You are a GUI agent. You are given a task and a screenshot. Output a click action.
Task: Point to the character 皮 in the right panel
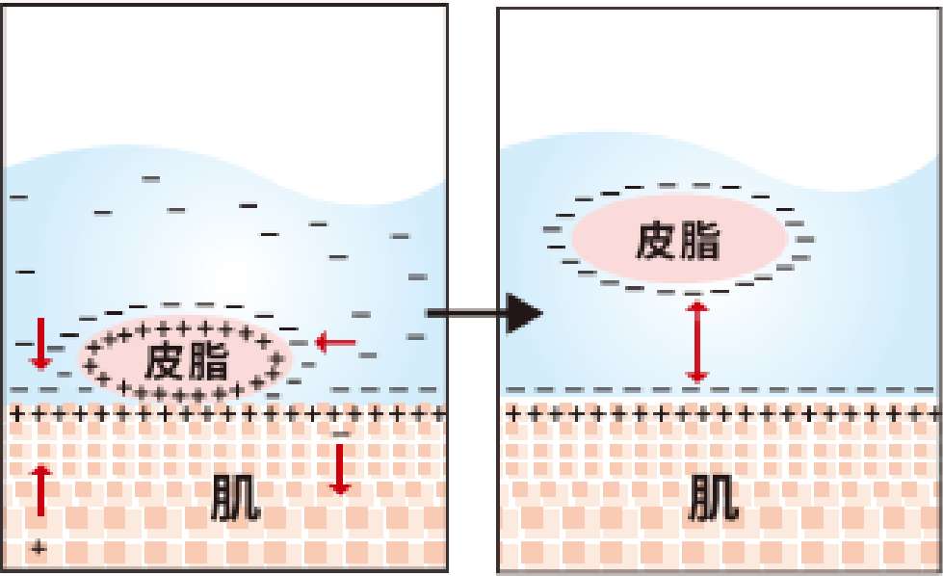click(656, 241)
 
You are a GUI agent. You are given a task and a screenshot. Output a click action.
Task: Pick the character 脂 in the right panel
click(700, 241)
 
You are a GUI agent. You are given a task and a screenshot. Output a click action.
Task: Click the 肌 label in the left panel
click(234, 500)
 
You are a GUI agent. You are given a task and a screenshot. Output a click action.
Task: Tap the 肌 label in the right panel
click(714, 500)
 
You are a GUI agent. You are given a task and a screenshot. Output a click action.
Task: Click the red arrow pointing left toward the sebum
click(335, 341)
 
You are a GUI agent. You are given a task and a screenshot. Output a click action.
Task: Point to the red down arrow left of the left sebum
click(39, 345)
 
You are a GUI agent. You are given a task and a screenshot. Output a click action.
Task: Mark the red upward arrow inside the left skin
click(39, 489)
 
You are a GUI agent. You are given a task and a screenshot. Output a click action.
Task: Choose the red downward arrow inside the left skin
click(338, 469)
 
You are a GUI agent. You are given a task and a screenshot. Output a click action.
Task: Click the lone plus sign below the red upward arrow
click(38, 548)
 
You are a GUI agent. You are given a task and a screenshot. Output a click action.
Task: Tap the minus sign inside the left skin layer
click(339, 436)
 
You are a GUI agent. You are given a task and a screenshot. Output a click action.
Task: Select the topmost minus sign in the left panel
click(151, 179)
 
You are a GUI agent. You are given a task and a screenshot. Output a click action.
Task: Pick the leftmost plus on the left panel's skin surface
click(13, 414)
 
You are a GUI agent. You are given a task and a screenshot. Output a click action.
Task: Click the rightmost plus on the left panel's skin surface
click(439, 414)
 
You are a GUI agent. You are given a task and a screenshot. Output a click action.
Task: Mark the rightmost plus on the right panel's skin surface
click(930, 414)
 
